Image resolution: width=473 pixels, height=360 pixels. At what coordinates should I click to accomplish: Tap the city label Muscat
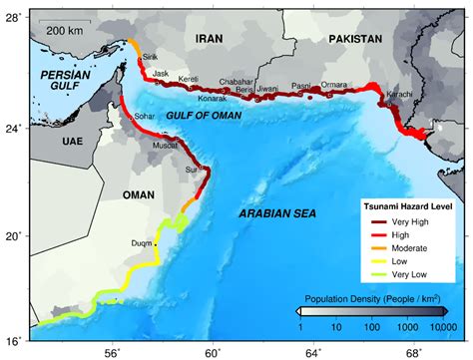pyautogui.click(x=165, y=145)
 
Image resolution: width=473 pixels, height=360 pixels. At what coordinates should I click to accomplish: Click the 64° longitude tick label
pyautogui.click(x=313, y=351)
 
